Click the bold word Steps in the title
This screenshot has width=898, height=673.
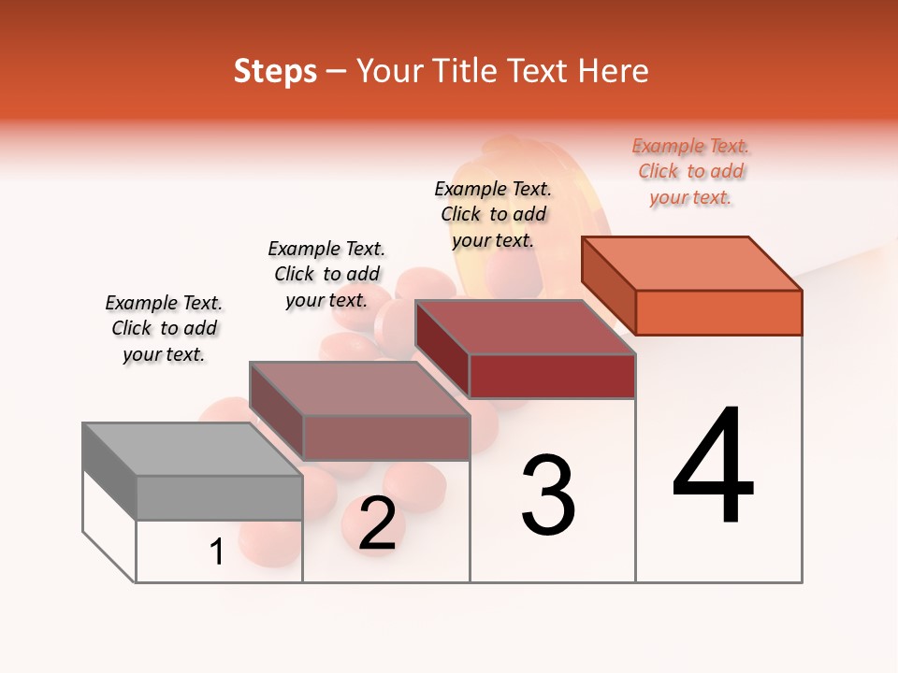point(275,71)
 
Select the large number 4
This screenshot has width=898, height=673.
point(713,466)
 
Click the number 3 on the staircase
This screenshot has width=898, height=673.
point(548,495)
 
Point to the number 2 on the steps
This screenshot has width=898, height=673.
point(377,524)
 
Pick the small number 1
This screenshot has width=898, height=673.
point(217,552)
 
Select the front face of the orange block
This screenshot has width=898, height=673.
point(718,312)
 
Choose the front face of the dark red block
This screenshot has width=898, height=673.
point(552,376)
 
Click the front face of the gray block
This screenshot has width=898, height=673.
point(219,497)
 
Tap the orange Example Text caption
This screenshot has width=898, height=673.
point(690,171)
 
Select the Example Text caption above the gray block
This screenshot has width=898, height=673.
point(164,328)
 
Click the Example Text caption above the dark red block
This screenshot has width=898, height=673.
point(493,214)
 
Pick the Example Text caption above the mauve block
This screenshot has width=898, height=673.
point(326,274)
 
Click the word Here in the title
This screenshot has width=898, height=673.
point(615,71)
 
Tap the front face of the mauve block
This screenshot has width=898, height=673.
point(385,437)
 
